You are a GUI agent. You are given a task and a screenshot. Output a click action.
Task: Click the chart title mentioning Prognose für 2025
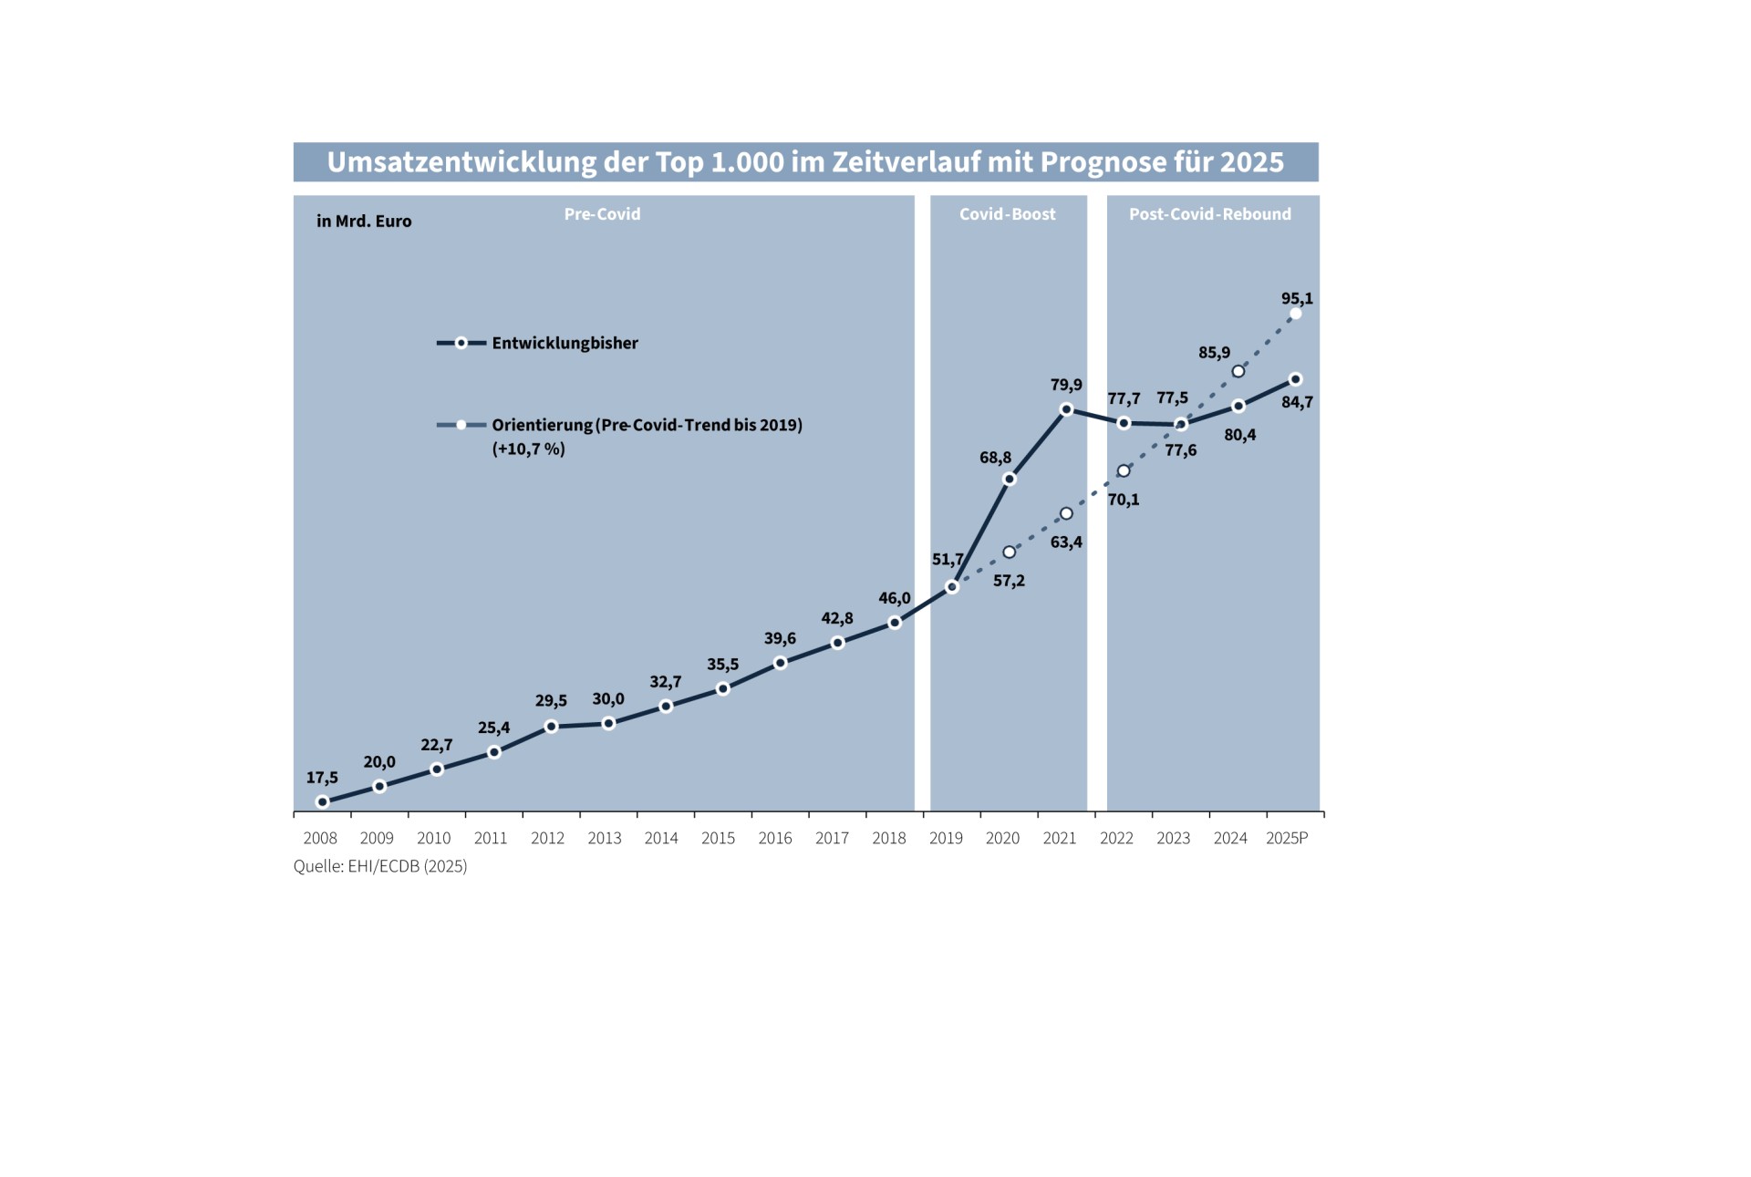click(x=805, y=162)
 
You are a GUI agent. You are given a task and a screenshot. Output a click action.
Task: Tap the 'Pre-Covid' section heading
click(x=602, y=214)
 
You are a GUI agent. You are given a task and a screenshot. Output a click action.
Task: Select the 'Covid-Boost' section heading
click(x=1007, y=214)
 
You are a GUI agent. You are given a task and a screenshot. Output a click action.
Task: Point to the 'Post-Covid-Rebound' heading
click(x=1209, y=214)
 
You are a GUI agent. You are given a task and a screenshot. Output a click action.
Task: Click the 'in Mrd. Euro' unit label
click(x=364, y=222)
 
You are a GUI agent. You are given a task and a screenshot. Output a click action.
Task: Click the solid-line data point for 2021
click(x=1066, y=409)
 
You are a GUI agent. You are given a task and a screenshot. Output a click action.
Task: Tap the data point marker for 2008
click(x=322, y=802)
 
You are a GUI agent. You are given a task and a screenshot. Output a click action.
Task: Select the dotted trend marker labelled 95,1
click(x=1295, y=314)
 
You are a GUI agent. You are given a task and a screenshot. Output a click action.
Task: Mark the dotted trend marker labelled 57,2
click(x=1009, y=552)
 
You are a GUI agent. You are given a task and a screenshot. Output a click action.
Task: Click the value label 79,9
click(x=1066, y=386)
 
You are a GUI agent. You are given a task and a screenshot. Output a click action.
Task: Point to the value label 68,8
click(x=995, y=458)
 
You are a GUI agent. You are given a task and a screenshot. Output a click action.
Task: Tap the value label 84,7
click(x=1297, y=402)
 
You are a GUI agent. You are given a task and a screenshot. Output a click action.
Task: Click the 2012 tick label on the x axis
click(x=547, y=839)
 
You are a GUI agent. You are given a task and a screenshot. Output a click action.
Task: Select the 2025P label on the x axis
click(x=1286, y=839)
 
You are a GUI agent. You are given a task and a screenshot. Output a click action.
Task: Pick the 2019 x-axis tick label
click(x=946, y=839)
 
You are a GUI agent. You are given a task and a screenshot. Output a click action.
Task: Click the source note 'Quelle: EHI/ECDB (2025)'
click(x=380, y=867)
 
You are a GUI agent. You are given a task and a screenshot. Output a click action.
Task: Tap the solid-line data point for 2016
click(x=780, y=663)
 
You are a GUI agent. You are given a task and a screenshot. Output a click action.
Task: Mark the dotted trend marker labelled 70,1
click(x=1124, y=471)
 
